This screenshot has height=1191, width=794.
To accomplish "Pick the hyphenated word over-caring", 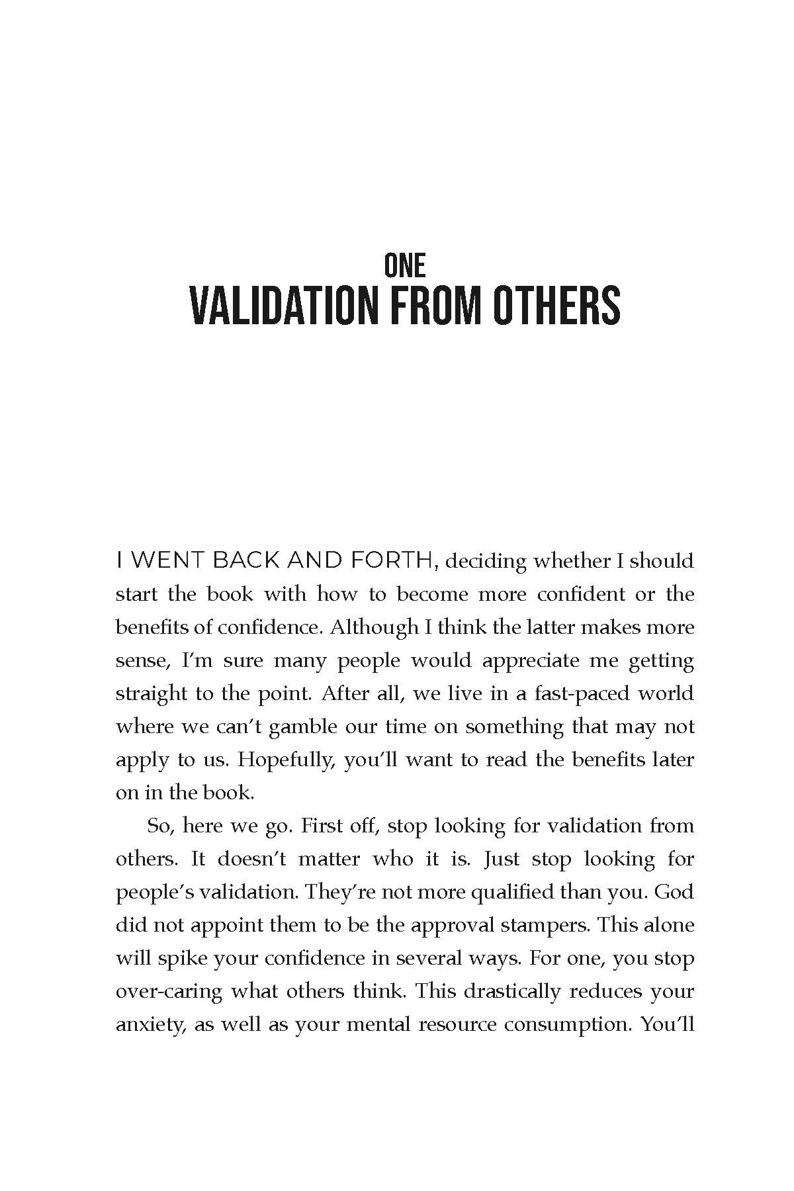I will click(x=168, y=991).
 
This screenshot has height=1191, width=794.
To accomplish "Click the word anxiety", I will click(x=148, y=1024).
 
